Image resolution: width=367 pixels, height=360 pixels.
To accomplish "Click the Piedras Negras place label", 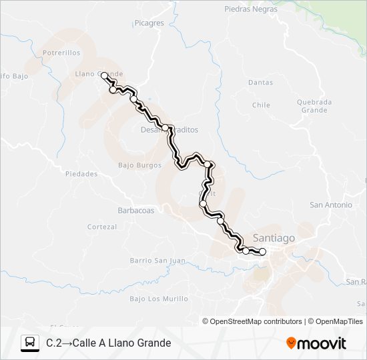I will coord(250,10).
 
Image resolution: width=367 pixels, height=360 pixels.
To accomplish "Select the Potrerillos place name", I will coord(61,52).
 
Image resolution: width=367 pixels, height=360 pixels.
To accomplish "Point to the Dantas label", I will coord(260,83).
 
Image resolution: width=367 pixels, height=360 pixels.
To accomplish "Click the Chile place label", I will coord(261,105).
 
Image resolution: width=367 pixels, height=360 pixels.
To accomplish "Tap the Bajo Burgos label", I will coord(139,165).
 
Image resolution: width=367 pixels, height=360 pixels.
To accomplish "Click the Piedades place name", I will coord(81,174).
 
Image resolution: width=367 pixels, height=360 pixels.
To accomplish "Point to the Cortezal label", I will coord(102,227).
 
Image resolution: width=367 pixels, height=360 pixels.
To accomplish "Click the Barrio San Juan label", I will coord(157,260).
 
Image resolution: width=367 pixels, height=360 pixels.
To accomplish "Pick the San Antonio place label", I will coord(330,205).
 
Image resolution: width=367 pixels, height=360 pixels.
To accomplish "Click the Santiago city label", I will coord(274,238).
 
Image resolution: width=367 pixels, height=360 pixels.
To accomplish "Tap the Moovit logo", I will coord(316,343).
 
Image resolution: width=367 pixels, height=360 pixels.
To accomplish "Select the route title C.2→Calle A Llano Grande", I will coord(109,343).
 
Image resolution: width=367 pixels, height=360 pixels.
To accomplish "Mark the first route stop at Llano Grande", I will coord(104,76).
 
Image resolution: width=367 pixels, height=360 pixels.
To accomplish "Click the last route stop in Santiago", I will coord(262,251).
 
